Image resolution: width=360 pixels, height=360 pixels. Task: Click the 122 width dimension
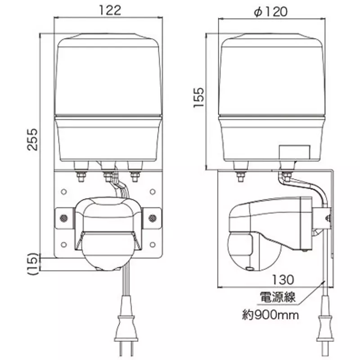pyautogui.click(x=110, y=10)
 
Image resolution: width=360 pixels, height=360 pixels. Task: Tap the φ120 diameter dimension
pyautogui.click(x=271, y=12)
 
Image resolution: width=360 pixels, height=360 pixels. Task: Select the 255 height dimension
pyautogui.click(x=32, y=139)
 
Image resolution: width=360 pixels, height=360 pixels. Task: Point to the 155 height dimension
pyautogui.click(x=198, y=97)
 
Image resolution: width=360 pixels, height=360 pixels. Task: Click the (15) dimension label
pyautogui.click(x=32, y=264)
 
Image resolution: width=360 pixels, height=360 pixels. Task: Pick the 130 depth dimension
pyautogui.click(x=283, y=279)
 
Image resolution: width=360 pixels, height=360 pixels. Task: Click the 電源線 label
pyautogui.click(x=277, y=297)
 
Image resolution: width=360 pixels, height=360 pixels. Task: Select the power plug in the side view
pyautogui.click(x=325, y=326)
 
